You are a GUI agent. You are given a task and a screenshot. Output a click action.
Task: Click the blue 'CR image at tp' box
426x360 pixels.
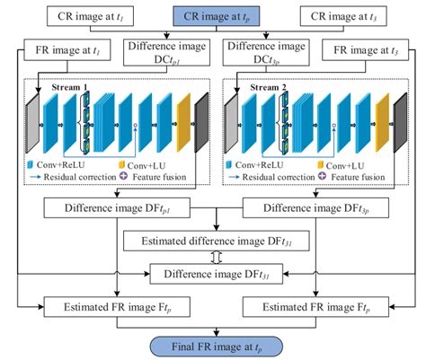click(x=212, y=16)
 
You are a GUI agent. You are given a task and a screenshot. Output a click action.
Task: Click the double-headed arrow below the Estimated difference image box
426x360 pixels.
click(x=214, y=257)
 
